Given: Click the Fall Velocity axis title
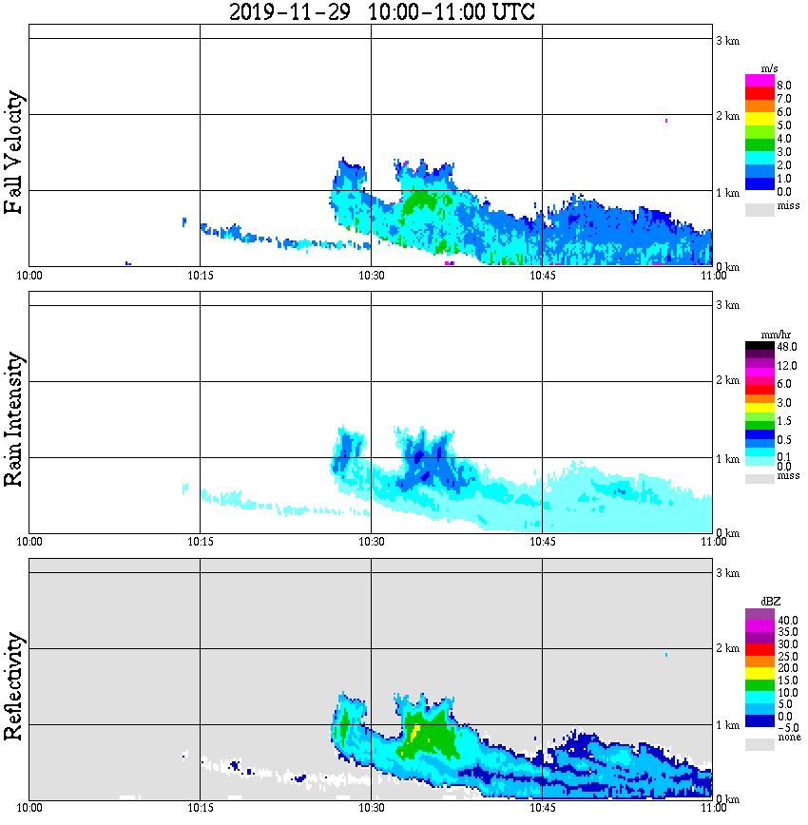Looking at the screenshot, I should (15, 153).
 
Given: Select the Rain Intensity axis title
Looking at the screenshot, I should (15, 419).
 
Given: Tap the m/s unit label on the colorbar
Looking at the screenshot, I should (770, 68).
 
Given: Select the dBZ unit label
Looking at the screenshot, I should (770, 602).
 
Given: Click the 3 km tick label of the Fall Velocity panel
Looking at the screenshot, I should (727, 40).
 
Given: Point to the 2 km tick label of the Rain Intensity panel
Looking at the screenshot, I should (727, 381).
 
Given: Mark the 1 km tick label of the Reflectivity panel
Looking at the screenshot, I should (727, 725).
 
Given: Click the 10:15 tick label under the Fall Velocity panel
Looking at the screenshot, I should (200, 276).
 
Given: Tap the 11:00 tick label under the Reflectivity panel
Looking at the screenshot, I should (712, 808).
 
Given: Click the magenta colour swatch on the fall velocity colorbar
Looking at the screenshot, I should (760, 80).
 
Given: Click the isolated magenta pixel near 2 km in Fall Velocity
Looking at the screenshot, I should (666, 121).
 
